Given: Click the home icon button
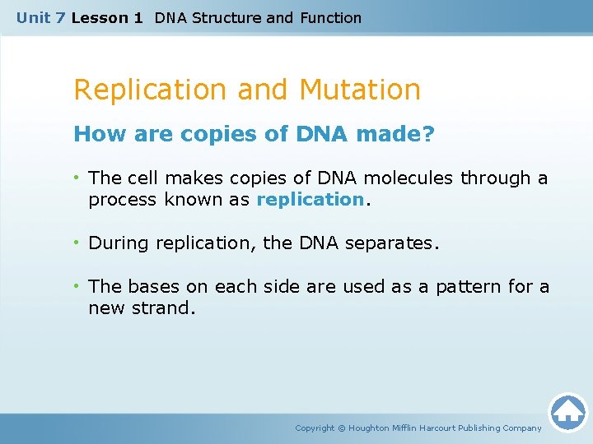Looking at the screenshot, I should (567, 412).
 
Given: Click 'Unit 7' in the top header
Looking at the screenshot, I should (41, 17).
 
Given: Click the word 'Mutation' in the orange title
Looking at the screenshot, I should (360, 89).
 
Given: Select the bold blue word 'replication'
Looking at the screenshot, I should (310, 200).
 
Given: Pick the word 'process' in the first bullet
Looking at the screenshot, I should (124, 200).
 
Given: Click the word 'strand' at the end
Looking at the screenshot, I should (168, 308).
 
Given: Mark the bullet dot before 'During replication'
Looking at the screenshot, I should (77, 243).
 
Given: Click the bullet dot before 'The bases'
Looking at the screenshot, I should (77, 287).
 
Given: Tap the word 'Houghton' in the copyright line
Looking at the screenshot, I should (368, 428).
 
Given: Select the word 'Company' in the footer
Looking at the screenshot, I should (521, 428).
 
